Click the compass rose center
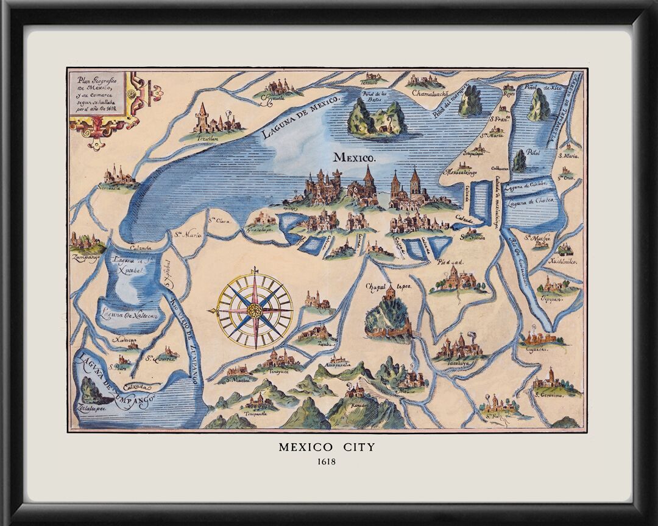(x=255, y=311)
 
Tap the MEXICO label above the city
(x=353, y=157)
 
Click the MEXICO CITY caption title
(x=327, y=447)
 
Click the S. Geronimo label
(x=549, y=394)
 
